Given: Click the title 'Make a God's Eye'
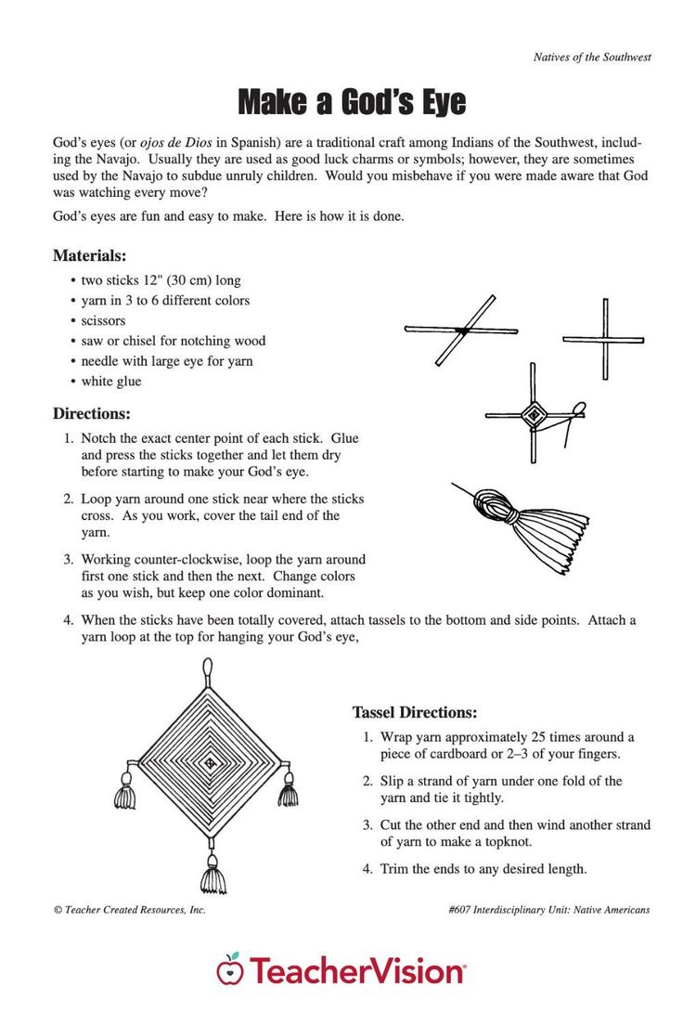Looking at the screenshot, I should (351, 101).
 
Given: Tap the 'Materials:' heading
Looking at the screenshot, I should (89, 255).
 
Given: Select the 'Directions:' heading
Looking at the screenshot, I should (91, 413).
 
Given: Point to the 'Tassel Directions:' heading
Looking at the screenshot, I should (415, 712).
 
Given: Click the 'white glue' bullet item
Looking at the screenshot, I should (110, 382).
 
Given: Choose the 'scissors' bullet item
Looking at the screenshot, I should (103, 320).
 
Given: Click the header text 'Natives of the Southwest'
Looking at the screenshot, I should (592, 57).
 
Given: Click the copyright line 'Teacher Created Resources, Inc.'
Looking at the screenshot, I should (130, 910).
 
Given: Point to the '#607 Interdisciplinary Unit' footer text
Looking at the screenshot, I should (548, 910).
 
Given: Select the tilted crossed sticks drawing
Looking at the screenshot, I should (462, 330).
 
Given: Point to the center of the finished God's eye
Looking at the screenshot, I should (210, 763).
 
